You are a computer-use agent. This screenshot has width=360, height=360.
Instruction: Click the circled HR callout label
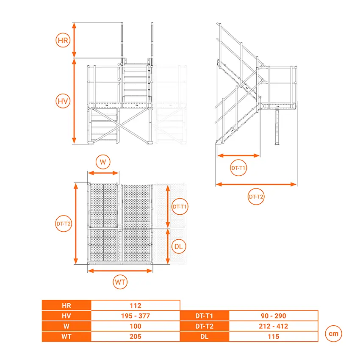(63, 40)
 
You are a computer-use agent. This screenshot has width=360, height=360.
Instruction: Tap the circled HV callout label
(63, 101)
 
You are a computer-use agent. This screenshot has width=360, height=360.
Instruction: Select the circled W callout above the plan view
(103, 162)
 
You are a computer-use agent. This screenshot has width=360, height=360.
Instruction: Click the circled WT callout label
(120, 282)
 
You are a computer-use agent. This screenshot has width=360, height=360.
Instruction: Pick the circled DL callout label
(179, 246)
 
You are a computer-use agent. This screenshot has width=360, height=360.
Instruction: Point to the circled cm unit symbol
(333, 333)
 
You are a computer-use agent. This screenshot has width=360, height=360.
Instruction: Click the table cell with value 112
(136, 305)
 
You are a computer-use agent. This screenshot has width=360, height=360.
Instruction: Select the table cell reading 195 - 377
(136, 316)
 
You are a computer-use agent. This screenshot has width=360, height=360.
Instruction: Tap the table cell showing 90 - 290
(274, 316)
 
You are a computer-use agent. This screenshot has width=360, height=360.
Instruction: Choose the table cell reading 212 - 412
(274, 326)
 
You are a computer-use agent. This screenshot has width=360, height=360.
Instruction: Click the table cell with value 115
(274, 336)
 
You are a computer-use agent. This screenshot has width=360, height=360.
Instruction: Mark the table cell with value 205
(136, 336)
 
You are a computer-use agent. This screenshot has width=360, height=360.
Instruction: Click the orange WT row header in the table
(66, 336)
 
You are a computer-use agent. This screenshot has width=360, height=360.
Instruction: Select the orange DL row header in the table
(205, 336)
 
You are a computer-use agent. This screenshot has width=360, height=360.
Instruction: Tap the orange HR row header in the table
(66, 305)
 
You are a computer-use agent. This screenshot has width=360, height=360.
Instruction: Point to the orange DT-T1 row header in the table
(205, 316)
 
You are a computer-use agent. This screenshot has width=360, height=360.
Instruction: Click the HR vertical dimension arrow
(74, 40)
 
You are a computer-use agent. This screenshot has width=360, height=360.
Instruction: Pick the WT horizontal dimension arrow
(120, 271)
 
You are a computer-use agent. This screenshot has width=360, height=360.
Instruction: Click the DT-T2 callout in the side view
(256, 197)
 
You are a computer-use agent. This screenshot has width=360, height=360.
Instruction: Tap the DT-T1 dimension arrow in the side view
(238, 155)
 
